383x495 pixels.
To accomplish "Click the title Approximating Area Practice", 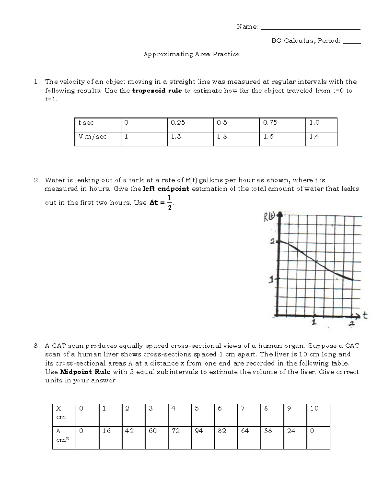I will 191,54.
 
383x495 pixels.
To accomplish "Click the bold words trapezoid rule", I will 157,91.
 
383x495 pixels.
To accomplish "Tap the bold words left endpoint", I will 166,189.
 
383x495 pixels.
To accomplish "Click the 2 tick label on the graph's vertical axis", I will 272,242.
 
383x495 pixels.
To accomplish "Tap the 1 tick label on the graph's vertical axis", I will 271,280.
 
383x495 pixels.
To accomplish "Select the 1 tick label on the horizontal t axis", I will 315,323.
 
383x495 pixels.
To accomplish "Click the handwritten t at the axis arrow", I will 365,316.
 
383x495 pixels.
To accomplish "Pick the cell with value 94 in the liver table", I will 203,438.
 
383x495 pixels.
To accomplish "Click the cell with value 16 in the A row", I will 110,438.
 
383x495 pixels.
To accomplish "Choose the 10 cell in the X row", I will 318,415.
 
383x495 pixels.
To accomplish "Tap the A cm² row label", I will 64,438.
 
